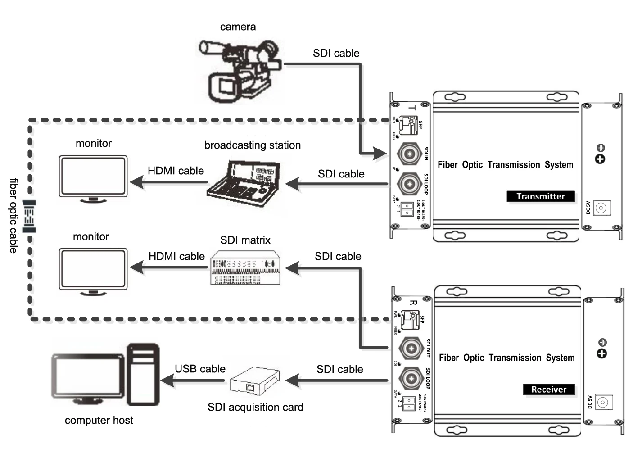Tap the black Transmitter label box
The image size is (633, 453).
click(541, 196)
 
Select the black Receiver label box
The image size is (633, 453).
click(549, 390)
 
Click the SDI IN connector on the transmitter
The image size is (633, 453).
click(409, 154)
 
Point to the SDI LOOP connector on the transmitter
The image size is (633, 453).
click(409, 184)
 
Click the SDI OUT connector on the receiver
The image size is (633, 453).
click(411, 348)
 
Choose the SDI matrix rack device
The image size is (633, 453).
click(245, 268)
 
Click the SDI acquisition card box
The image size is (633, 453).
click(254, 381)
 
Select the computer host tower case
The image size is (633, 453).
click(143, 375)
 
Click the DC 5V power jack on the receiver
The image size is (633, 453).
click(604, 402)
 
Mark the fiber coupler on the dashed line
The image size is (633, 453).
click(29, 217)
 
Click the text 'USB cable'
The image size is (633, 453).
click(200, 369)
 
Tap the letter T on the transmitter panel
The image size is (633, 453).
click(412, 108)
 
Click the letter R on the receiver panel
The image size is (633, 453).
click(413, 303)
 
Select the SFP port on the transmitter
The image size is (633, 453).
click(409, 122)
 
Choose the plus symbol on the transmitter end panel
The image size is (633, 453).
click(600, 159)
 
